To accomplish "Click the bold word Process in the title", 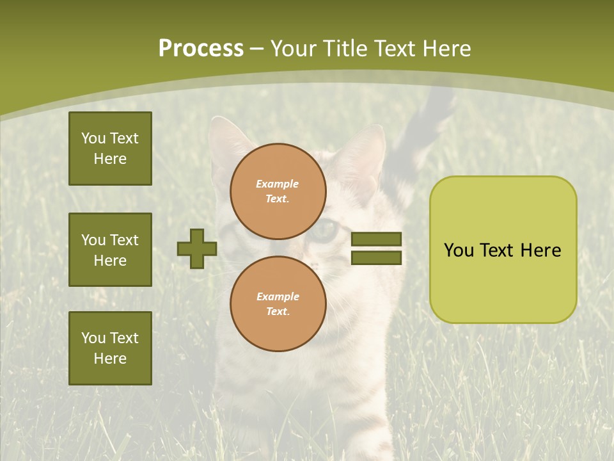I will click(201, 49).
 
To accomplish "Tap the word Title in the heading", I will click(346, 49).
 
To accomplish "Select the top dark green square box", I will click(110, 149).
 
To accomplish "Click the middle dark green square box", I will click(110, 250).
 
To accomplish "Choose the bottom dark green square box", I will click(110, 348).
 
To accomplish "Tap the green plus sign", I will click(196, 248).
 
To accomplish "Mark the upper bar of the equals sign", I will click(376, 239).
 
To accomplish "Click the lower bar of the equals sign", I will click(376, 257).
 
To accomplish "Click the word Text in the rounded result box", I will click(496, 250).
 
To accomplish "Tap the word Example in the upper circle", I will click(278, 184).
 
